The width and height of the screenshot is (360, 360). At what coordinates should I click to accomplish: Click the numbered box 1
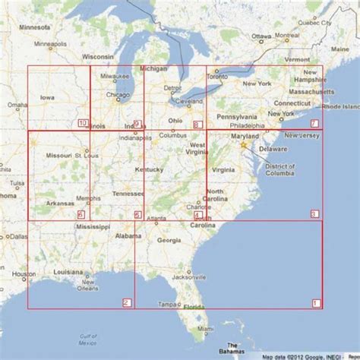coord(316,304)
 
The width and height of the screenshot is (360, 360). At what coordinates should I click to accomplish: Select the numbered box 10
coord(83,124)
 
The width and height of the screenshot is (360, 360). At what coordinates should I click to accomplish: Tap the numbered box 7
coord(315,124)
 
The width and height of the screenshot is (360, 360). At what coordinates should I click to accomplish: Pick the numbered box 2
coord(126,304)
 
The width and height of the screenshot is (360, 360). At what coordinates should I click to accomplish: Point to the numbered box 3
coord(315,215)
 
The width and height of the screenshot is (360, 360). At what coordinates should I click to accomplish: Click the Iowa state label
coord(48,97)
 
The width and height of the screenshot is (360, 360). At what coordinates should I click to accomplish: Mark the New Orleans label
coord(87,286)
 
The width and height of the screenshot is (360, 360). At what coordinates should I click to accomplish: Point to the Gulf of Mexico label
coord(90,339)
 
